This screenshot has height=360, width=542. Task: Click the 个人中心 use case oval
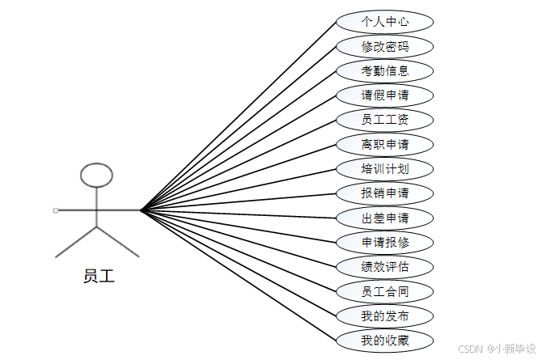point(385,22)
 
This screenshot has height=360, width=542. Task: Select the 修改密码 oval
point(385,46)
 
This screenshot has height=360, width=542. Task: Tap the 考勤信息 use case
point(385,70)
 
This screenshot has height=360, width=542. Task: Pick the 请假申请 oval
point(385,95)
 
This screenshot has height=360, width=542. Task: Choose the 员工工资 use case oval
point(385,120)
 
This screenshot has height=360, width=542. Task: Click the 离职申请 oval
point(385,144)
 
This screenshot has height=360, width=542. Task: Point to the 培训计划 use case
point(385,169)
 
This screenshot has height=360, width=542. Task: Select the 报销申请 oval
point(385,193)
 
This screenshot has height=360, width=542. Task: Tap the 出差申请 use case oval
point(385,218)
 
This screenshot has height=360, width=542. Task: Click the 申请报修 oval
point(385,242)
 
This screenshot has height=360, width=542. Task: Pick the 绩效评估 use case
point(385,267)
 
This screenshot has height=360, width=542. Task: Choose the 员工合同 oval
point(385,291)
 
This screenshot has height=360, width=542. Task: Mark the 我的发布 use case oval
point(385,316)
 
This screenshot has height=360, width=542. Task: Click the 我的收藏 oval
point(385,341)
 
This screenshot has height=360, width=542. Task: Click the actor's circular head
point(97,175)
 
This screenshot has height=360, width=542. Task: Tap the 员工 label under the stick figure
point(99,276)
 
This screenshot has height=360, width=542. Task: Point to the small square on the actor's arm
point(55,210)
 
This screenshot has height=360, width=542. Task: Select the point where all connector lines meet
point(142,210)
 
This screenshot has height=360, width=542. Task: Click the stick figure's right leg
point(118,242)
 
